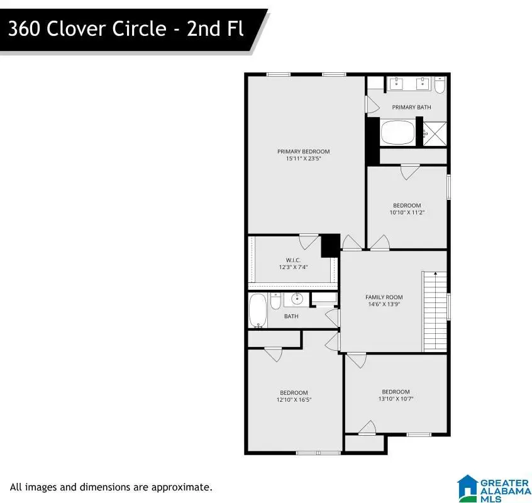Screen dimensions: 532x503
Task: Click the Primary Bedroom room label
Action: point(303,152)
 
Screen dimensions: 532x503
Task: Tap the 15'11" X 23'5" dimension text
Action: point(303,158)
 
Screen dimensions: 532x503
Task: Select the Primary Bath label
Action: point(411,107)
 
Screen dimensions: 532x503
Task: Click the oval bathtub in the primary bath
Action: point(397,132)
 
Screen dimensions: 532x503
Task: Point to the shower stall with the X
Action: point(435,134)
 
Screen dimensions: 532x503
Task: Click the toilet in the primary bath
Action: point(440,85)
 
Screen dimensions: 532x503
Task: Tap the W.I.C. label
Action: point(293,260)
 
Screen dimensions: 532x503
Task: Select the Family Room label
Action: point(384,297)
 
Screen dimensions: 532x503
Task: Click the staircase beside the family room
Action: point(435,311)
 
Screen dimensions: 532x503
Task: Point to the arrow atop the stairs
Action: point(435,274)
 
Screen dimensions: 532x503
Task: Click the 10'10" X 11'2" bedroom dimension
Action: point(407,213)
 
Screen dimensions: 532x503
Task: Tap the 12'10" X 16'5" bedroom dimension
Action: point(294,400)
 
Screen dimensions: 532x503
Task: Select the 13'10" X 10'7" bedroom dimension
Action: point(396,399)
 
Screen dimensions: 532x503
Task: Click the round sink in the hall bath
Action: point(297,299)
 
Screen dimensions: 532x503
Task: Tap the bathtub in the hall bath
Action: point(258,311)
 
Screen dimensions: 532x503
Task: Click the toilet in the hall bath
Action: point(275,301)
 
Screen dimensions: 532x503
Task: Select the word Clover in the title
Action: point(77,28)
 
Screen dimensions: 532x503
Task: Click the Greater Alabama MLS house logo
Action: point(467,489)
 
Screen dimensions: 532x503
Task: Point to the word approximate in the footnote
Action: point(182,488)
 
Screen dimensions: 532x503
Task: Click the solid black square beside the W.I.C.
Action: point(331,246)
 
